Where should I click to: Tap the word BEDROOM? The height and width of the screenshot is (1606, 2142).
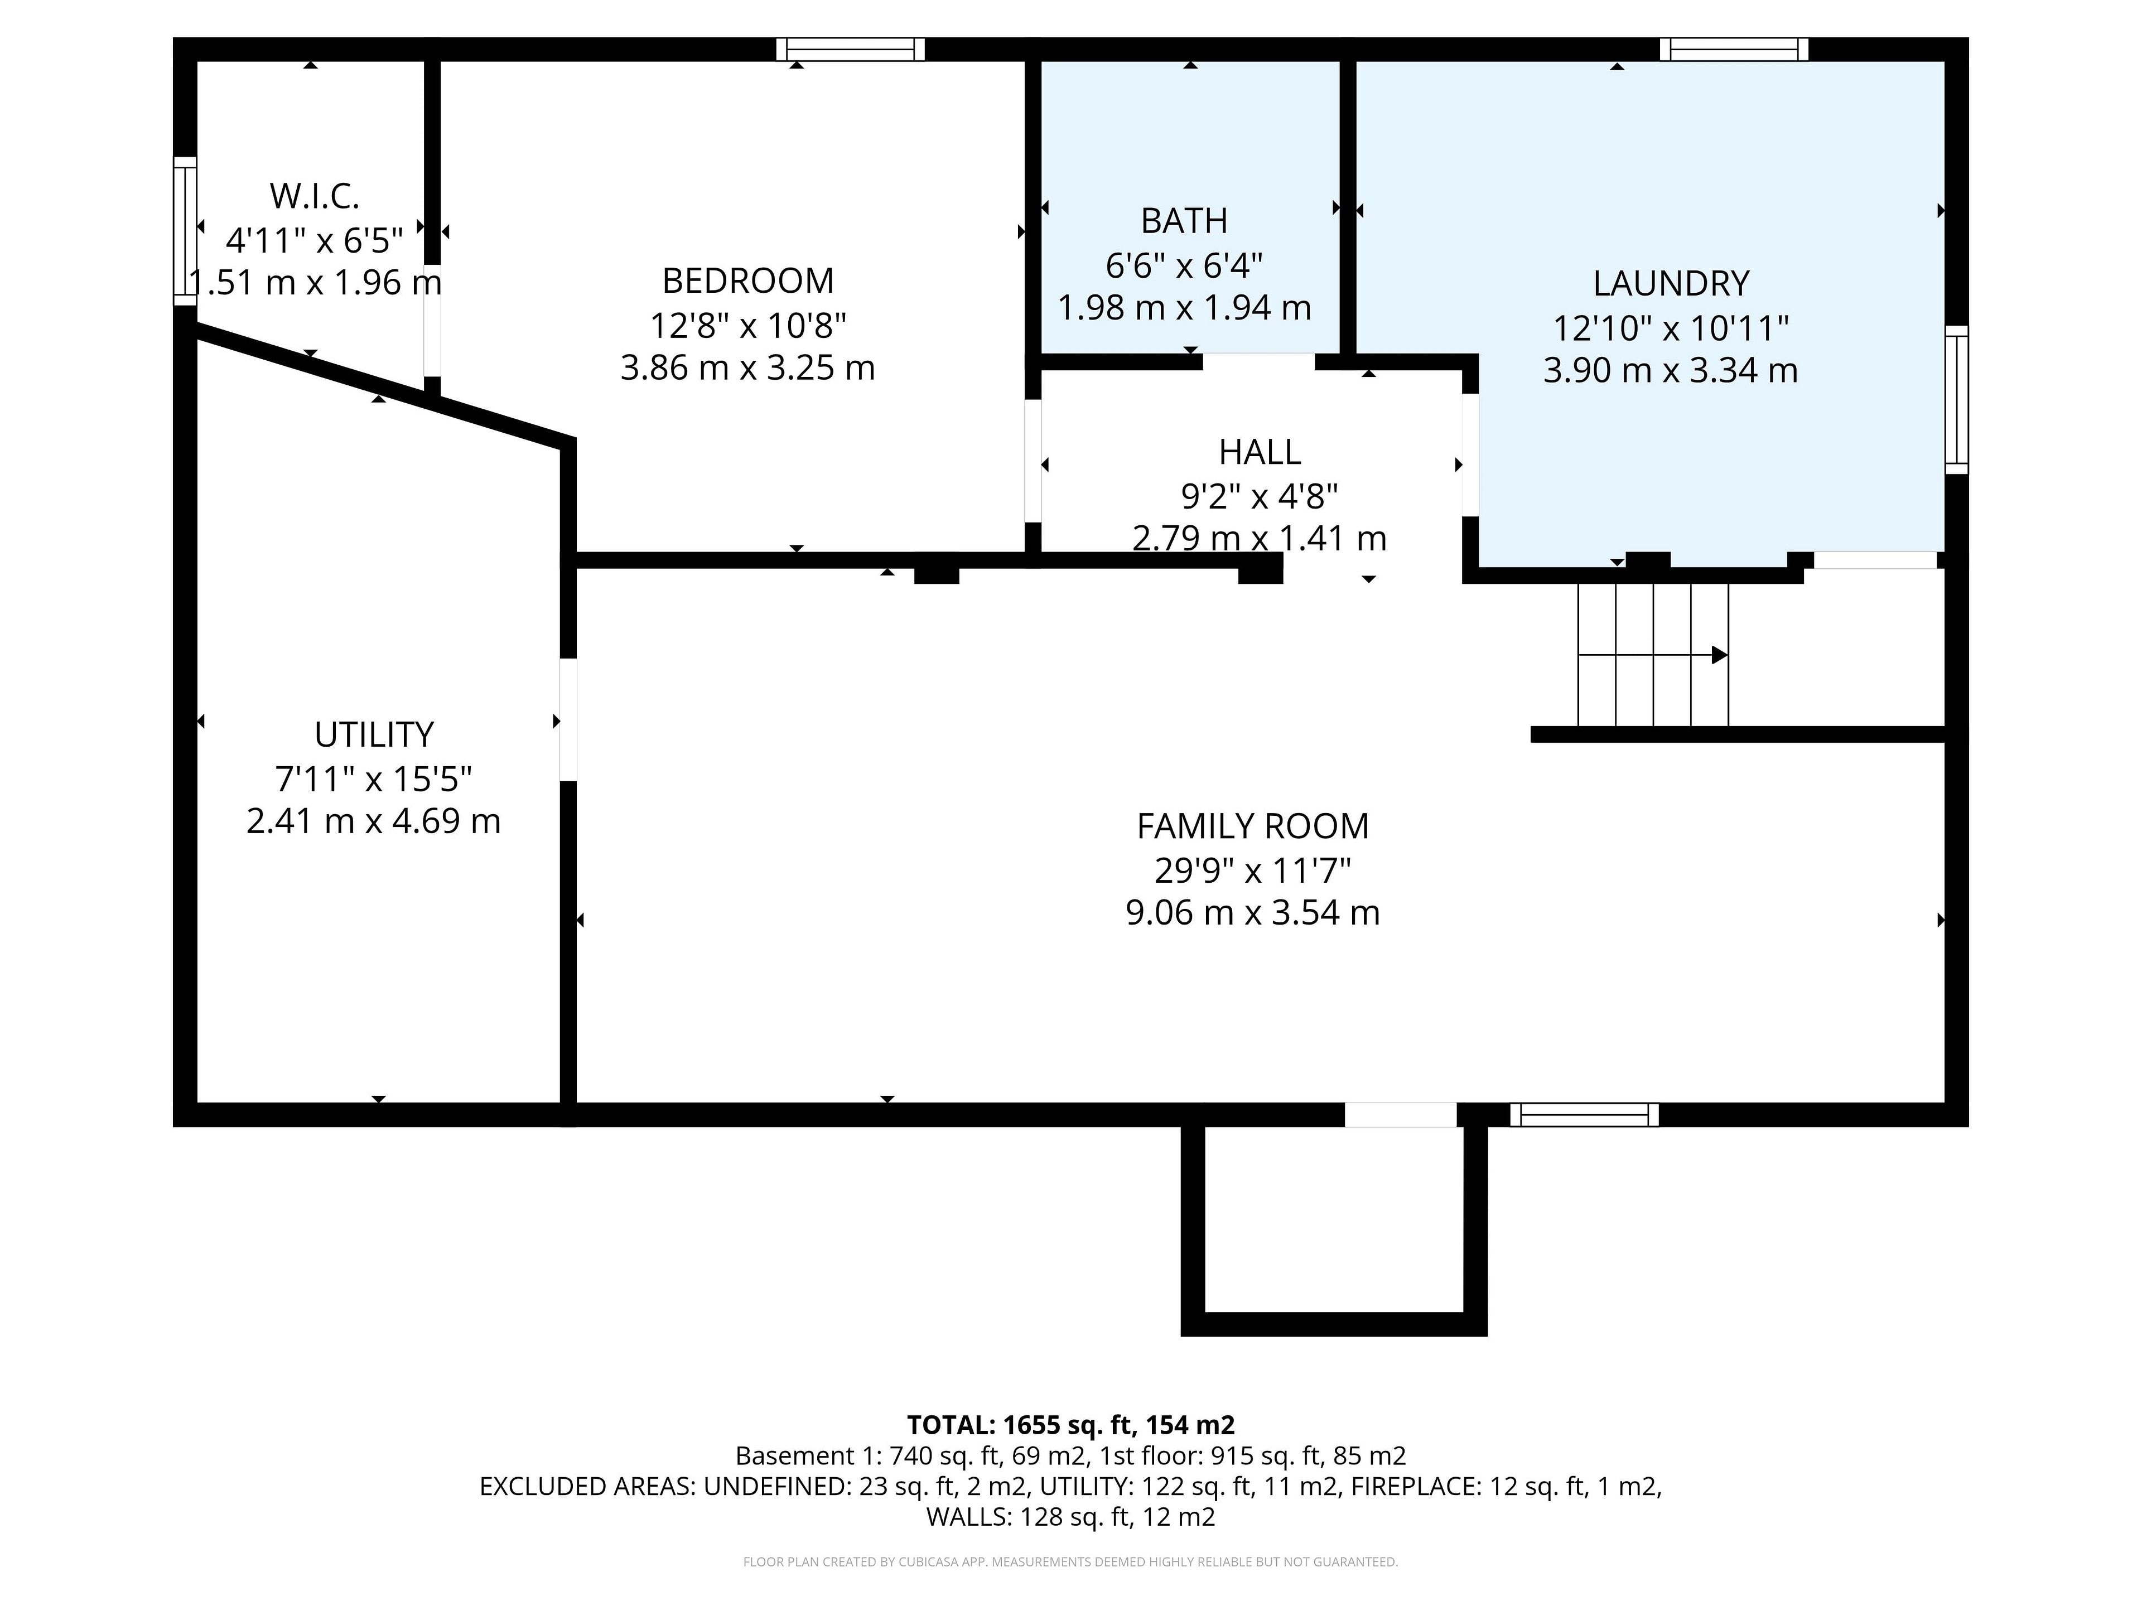point(747,280)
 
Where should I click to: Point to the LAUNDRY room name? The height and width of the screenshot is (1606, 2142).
point(1671,284)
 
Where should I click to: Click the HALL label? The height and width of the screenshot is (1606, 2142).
point(1259,452)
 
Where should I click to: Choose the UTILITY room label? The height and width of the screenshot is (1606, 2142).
point(374,735)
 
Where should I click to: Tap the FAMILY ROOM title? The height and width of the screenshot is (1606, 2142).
point(1252,827)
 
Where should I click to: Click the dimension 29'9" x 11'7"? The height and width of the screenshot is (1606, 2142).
point(1252,870)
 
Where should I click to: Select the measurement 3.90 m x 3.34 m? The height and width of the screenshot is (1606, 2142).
point(1671,371)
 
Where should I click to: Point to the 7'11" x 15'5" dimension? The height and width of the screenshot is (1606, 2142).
point(374,778)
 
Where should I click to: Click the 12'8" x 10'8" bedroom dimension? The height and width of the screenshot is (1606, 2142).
point(747,325)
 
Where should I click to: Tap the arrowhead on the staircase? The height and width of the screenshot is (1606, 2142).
point(1719,655)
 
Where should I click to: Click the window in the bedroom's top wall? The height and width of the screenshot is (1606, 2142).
point(850,50)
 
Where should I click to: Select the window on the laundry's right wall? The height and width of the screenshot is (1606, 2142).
point(1957,400)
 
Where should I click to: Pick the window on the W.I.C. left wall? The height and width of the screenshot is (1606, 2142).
point(185,231)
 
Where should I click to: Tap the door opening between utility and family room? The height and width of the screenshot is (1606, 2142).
point(568,720)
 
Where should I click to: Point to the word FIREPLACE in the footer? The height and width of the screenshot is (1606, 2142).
point(1415,1486)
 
